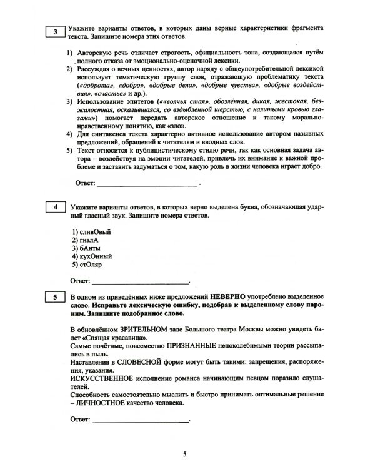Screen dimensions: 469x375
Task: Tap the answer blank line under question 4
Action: pos(140,283)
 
